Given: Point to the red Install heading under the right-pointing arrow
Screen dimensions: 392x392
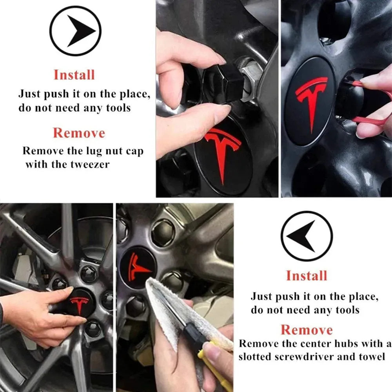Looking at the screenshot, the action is coord(74,75).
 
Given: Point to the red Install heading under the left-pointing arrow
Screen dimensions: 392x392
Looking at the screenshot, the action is coord(307,276).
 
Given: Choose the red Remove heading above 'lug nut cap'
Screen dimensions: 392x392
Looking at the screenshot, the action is coord(79,133).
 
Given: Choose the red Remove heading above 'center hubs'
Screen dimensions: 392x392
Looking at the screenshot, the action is coord(307,330).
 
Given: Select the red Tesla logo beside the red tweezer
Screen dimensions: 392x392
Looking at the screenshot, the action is coord(312,102).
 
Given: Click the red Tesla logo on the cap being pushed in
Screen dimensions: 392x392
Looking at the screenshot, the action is coord(80,305).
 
